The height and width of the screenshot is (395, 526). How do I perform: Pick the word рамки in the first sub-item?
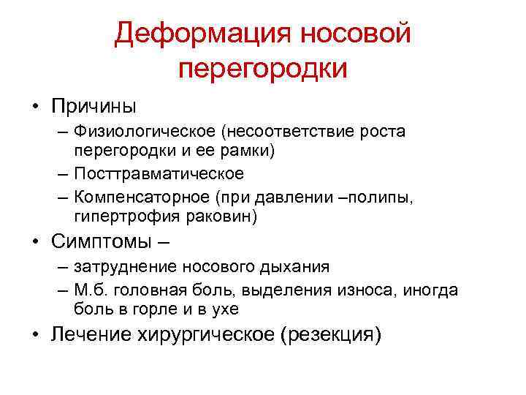coord(245,151)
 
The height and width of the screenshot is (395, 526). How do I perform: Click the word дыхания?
coord(296,267)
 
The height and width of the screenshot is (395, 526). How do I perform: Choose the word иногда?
coord(430,290)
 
